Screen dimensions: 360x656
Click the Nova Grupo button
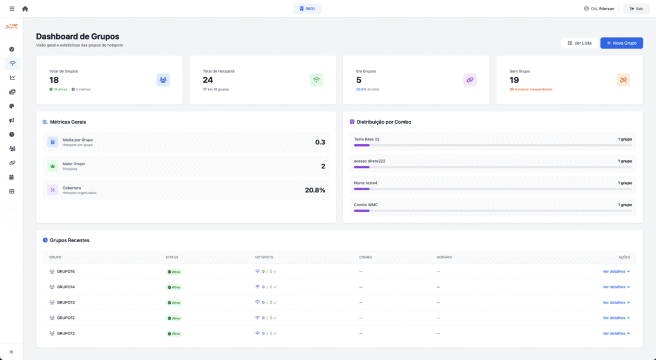click(x=621, y=43)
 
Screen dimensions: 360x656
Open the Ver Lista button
click(x=579, y=43)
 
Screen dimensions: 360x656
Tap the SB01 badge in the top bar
click(x=307, y=8)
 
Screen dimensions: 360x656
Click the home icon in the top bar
click(x=25, y=8)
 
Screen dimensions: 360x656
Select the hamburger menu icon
click(x=12, y=8)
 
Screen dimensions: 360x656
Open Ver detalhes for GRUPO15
click(x=616, y=272)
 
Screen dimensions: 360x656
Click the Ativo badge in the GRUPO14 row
click(x=174, y=287)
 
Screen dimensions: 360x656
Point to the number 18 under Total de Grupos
click(x=54, y=80)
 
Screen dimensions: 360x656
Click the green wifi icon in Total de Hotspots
click(x=316, y=80)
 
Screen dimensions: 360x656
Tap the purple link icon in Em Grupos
click(x=470, y=80)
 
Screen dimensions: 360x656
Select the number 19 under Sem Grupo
click(x=514, y=80)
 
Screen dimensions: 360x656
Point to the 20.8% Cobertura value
click(x=315, y=190)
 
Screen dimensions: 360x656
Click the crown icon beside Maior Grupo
click(x=53, y=166)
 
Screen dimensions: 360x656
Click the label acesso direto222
click(x=370, y=161)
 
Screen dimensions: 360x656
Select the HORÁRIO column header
click(x=444, y=258)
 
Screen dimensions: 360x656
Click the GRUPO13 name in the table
click(x=66, y=302)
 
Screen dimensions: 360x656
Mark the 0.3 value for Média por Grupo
click(x=320, y=142)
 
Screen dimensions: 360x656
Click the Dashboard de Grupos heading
click(x=78, y=37)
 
